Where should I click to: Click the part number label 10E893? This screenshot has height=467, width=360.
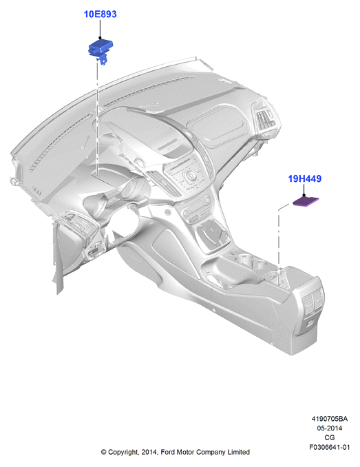pos(100,14)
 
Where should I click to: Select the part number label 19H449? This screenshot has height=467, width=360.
pos(305,178)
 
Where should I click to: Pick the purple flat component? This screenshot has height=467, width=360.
pos(306,201)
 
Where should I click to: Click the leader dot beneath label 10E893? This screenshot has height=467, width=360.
pos(100,38)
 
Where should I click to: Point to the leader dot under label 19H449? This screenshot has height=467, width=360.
pos(304,195)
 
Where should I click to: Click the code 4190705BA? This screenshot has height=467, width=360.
pos(329,419)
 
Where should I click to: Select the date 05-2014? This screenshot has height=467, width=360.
pos(329,428)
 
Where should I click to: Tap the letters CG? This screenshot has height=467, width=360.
pos(329,437)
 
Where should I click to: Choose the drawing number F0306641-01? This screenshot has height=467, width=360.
pos(329,447)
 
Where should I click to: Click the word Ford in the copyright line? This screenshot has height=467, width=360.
pos(168,452)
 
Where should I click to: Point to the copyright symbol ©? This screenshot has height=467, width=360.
pos(103,452)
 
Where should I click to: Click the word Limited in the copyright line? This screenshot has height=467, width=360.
pos(239,452)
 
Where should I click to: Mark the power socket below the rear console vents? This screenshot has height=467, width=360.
pos(310,323)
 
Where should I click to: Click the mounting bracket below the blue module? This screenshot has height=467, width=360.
pos(102,59)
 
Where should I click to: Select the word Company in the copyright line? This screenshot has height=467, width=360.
pos(211,453)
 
